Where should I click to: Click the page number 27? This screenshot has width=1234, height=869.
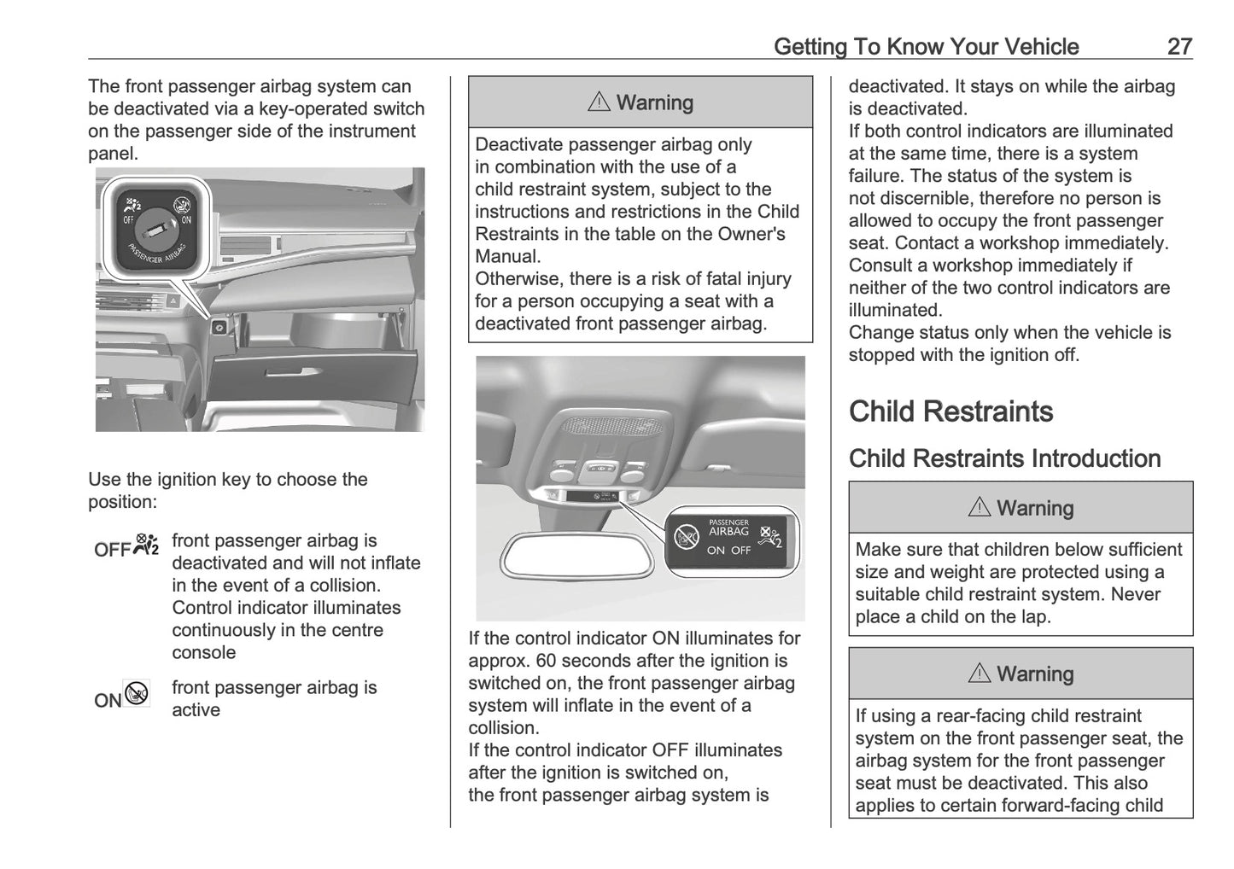click(1178, 47)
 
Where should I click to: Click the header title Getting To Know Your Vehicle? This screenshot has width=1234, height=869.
click(926, 47)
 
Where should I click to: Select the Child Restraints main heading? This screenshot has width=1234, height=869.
click(950, 411)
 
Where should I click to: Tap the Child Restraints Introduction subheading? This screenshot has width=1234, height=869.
click(1004, 458)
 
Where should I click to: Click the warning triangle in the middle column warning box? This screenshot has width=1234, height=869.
click(599, 102)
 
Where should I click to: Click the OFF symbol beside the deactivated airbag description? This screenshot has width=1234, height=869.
click(126, 547)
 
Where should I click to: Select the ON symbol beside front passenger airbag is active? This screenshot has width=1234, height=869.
click(122, 697)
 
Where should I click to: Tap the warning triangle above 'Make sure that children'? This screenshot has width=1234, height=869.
click(979, 508)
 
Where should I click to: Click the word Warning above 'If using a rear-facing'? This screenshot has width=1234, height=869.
click(1034, 674)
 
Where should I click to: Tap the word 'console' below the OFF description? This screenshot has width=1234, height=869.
click(203, 653)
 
